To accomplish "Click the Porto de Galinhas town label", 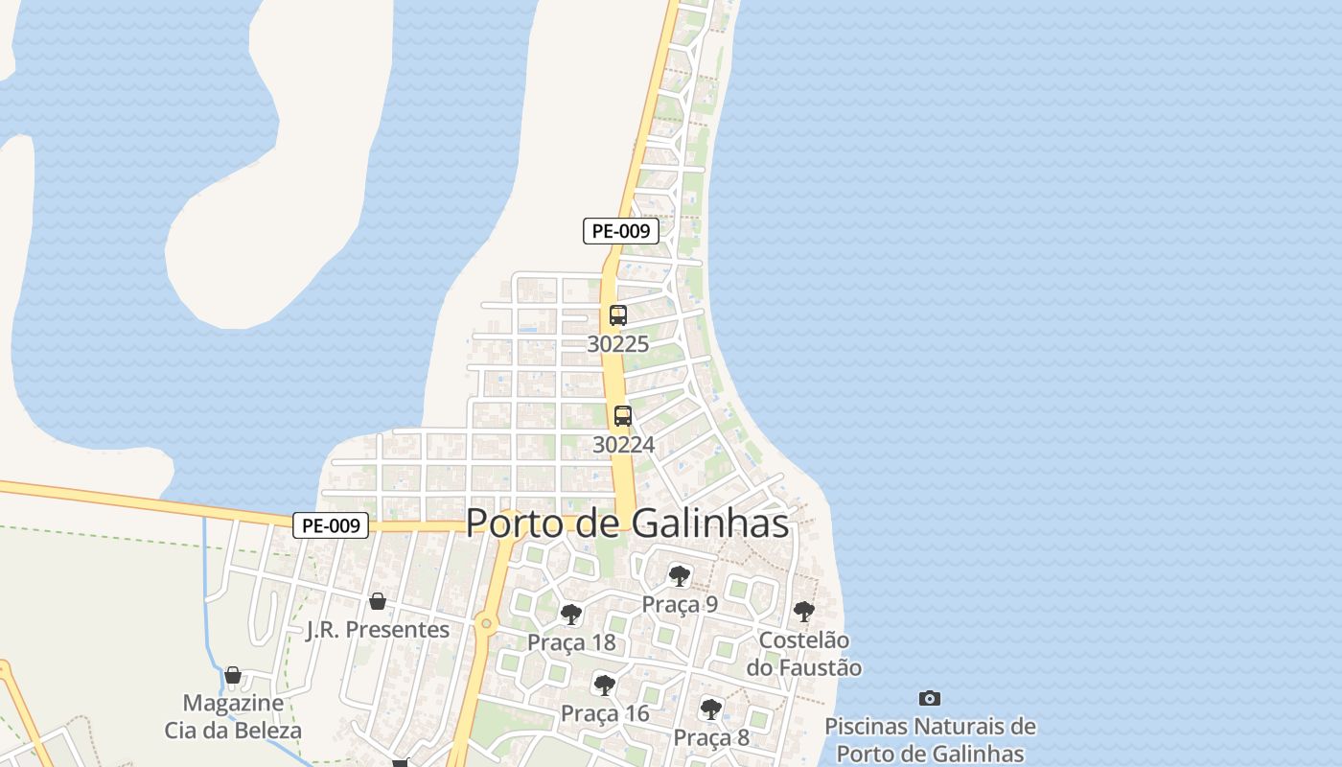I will [x=627, y=523].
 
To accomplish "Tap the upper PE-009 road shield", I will [x=621, y=231].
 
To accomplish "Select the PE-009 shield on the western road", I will [x=331, y=525].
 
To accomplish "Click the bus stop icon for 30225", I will [x=618, y=315].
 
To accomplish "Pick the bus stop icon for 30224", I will [x=623, y=416].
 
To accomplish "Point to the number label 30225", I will [x=618, y=344].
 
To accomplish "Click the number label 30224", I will [x=623, y=445].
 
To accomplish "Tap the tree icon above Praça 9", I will [x=680, y=576].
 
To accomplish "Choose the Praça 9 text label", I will [x=680, y=604].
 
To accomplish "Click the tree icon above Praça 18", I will [x=571, y=615].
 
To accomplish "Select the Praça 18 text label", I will [x=571, y=642].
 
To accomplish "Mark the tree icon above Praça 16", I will [x=604, y=685].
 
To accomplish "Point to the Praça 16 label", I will [x=604, y=713].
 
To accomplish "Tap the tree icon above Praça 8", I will [x=710, y=709].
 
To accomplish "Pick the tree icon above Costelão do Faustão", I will [x=804, y=611].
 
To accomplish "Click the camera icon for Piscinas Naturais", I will [x=929, y=698].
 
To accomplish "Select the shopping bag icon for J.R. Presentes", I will [x=378, y=601].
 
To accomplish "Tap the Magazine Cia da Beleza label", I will [x=233, y=716].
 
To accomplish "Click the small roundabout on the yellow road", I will [x=486, y=624].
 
